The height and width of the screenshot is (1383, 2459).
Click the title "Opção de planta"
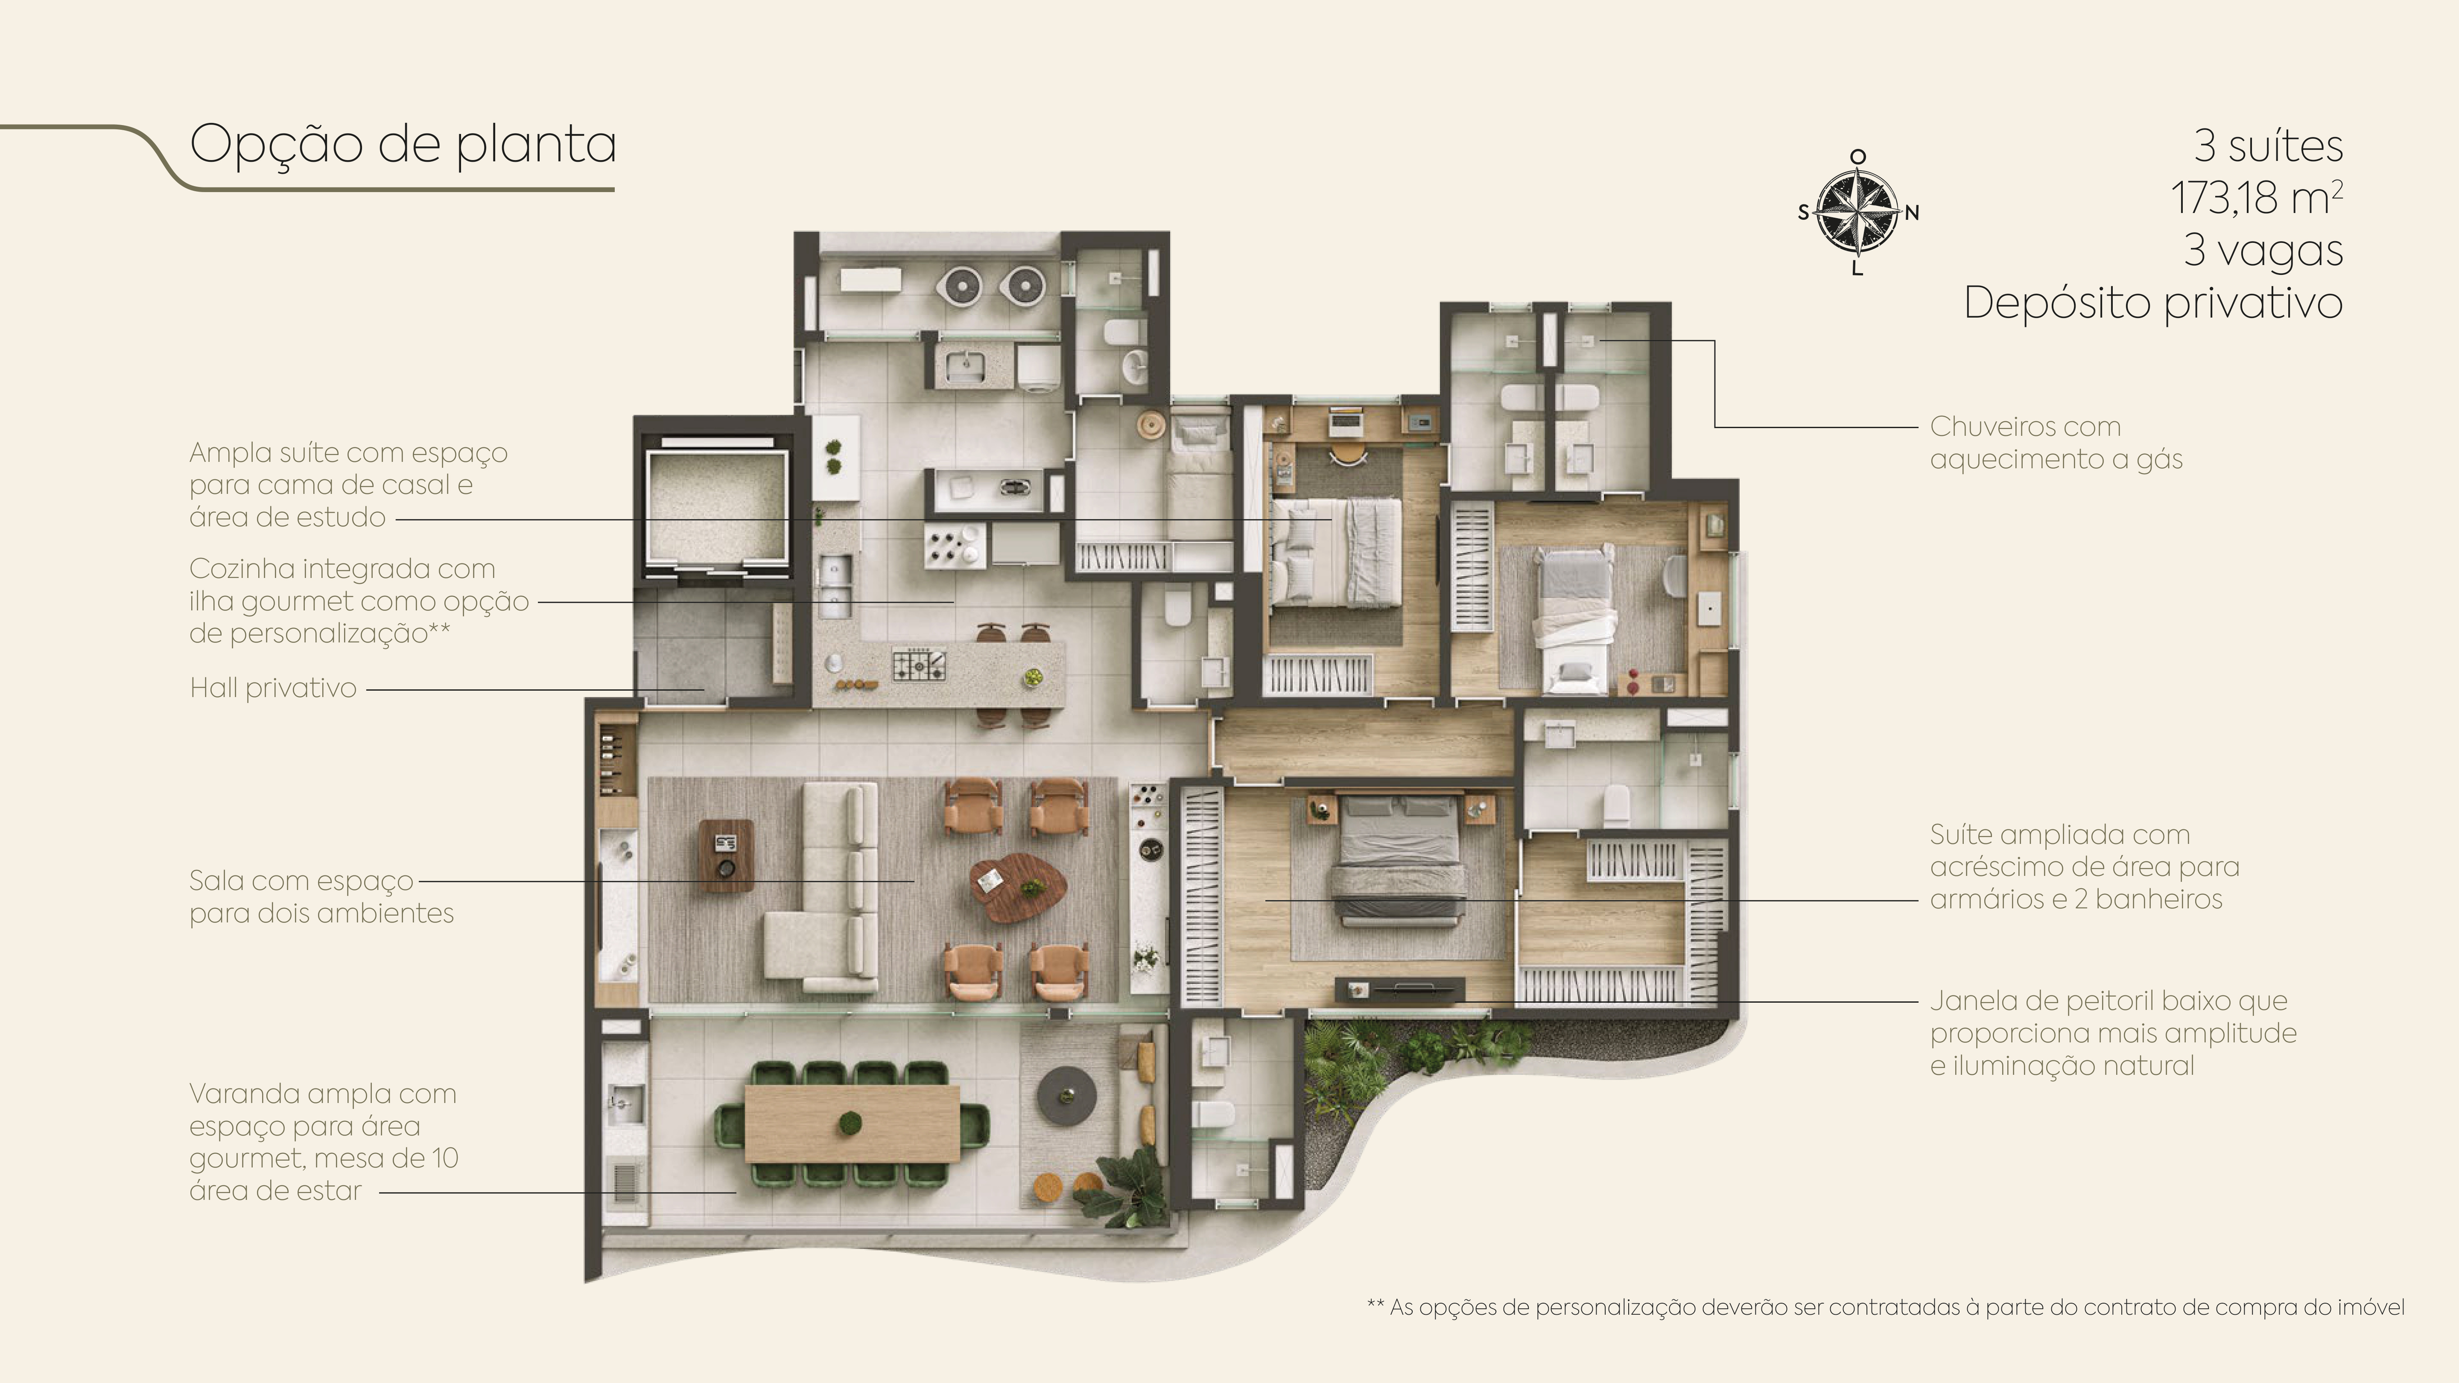(x=403, y=145)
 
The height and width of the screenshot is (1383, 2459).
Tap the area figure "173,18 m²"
(x=2257, y=198)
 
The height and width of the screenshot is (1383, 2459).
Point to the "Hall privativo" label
(x=273, y=687)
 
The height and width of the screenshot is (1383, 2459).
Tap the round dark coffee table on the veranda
(x=1067, y=1095)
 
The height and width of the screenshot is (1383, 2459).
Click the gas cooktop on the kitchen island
(x=918, y=664)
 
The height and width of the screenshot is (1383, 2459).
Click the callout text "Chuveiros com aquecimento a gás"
(x=2056, y=442)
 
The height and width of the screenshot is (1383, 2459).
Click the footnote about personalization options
(x=1885, y=1307)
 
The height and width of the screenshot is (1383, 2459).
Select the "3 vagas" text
(x=2263, y=250)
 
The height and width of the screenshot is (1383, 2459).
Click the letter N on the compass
(x=1912, y=213)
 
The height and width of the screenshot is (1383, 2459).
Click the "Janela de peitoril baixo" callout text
(x=2112, y=1033)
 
